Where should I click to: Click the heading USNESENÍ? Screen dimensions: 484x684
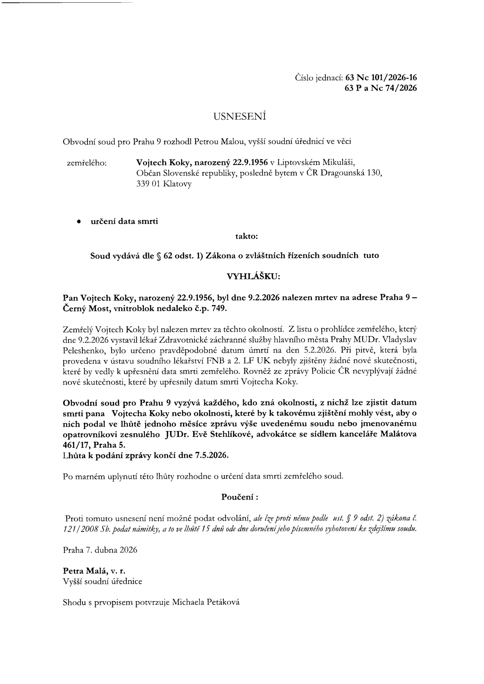(240, 116)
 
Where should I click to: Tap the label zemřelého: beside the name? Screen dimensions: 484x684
(87, 163)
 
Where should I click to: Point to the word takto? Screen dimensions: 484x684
(246, 236)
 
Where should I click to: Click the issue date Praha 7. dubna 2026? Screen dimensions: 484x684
(100, 550)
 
